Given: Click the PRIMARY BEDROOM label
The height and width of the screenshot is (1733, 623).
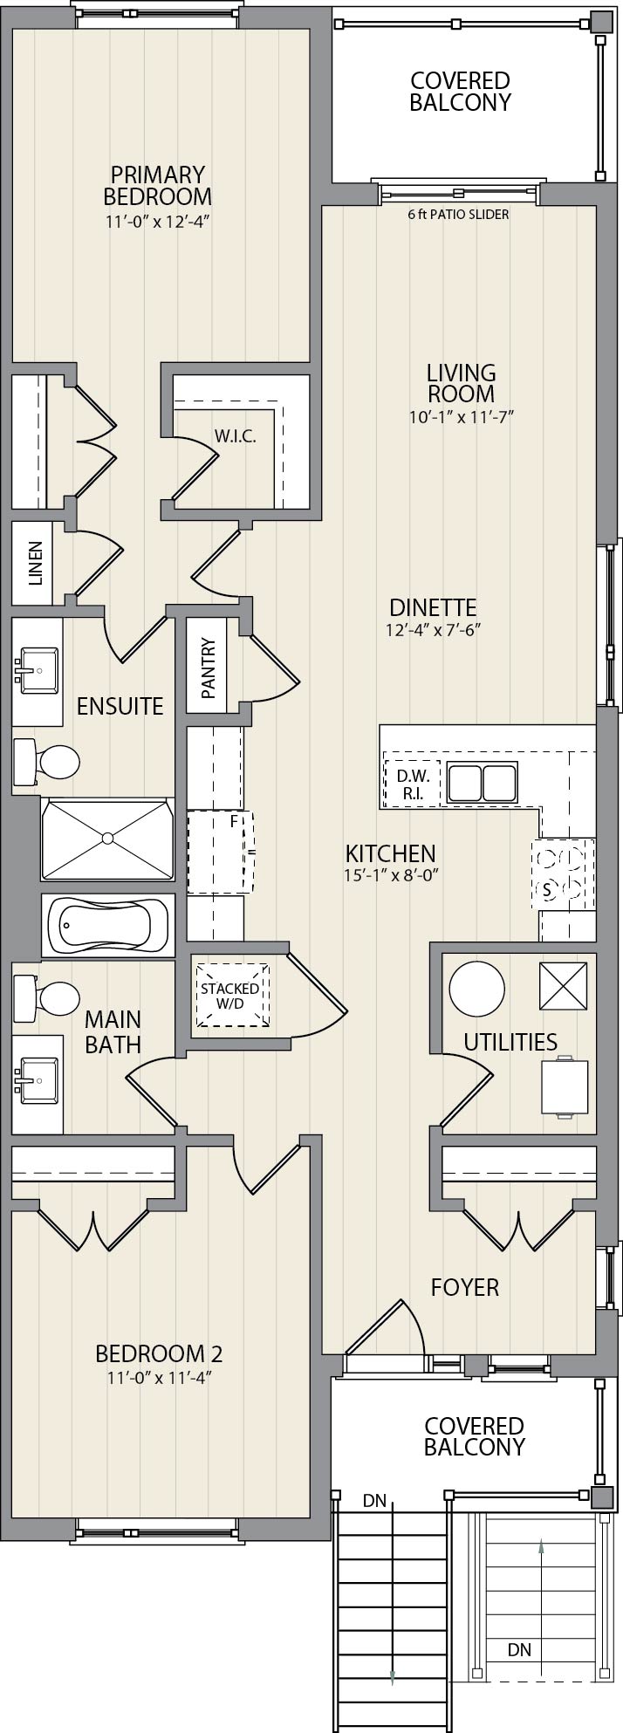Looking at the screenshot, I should (157, 185).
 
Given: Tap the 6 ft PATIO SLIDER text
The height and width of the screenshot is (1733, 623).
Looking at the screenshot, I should (458, 214).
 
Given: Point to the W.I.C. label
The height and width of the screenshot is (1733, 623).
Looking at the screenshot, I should (236, 436).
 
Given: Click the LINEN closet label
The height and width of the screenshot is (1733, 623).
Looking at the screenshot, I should (36, 563).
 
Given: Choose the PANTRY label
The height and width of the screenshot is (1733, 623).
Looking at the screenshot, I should (208, 668).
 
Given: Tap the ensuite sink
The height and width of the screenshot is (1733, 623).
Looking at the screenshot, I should (37, 670).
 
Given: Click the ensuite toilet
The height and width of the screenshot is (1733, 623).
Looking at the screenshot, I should (48, 761).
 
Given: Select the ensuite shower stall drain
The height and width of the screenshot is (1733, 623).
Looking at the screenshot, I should (107, 839).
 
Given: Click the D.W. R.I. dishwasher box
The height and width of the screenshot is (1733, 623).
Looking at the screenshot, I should (409, 782).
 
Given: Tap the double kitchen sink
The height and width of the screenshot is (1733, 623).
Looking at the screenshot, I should (482, 781).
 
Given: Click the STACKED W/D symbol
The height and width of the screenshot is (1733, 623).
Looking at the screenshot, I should (230, 996).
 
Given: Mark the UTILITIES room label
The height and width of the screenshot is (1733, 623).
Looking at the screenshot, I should (510, 1042).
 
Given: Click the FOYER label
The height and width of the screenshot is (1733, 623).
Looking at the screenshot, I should (465, 1287).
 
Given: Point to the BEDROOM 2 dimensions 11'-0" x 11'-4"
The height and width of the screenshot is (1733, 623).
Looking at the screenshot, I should (159, 1377).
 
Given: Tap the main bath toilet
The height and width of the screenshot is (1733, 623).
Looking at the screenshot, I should (48, 997).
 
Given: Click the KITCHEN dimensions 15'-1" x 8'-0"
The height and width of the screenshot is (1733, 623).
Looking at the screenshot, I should (390, 873).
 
